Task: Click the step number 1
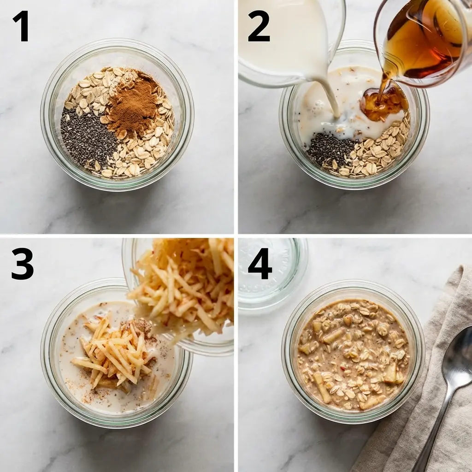[x=21, y=26]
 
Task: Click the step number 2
[x=259, y=26]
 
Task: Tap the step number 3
[x=23, y=264]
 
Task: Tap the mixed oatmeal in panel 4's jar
[x=353, y=355]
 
